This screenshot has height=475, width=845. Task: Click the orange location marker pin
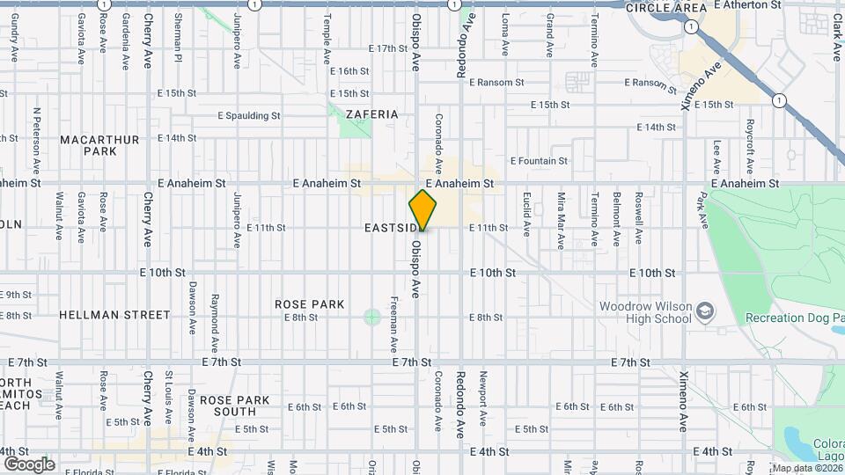[x=423, y=210]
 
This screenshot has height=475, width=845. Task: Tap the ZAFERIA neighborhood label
[x=372, y=114]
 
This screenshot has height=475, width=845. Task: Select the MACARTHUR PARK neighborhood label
[x=88, y=145]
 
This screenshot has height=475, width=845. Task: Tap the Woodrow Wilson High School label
[x=645, y=312]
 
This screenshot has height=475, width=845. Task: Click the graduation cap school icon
[x=705, y=311]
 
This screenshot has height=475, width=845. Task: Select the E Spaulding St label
[x=249, y=115]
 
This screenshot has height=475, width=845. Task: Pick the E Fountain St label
[x=536, y=161]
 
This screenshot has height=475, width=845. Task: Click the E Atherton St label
[x=747, y=5]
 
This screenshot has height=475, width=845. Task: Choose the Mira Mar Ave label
[x=560, y=214]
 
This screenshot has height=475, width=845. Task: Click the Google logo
[x=29, y=464]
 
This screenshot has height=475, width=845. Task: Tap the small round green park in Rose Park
[x=371, y=317]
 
